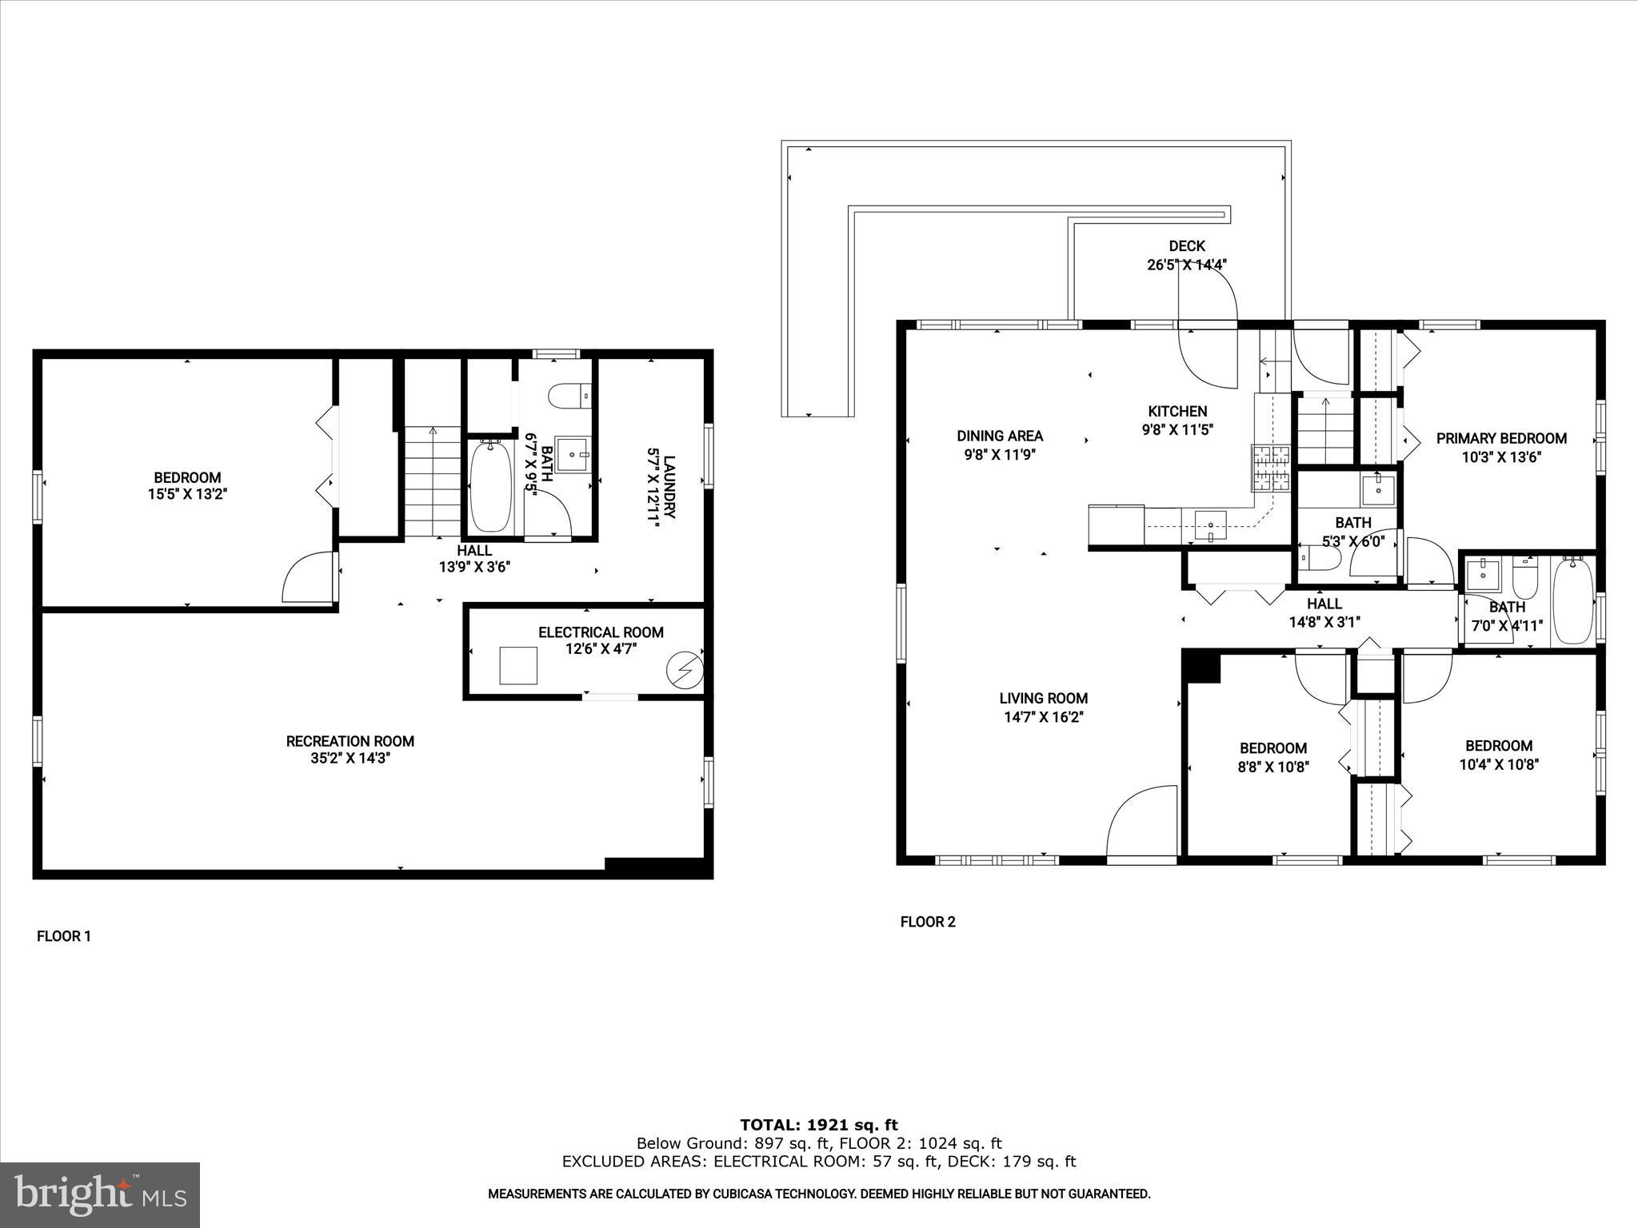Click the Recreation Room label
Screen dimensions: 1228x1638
[x=350, y=741]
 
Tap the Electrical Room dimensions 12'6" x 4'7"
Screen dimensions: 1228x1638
[x=600, y=649]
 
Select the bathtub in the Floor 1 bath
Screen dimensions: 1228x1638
[x=490, y=487]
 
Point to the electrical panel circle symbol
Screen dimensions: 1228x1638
[x=686, y=670]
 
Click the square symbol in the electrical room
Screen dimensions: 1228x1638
[x=518, y=665]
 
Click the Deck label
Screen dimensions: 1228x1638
[x=1186, y=246]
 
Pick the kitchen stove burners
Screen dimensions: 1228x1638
[x=1270, y=468]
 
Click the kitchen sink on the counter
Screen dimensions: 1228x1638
[x=1210, y=526]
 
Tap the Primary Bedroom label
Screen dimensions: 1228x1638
[x=1500, y=438]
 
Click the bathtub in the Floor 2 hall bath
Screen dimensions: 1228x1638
[x=1572, y=601]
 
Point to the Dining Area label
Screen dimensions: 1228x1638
[x=1000, y=436]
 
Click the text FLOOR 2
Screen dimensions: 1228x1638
[x=928, y=922]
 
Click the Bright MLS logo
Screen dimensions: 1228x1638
[x=100, y=1195]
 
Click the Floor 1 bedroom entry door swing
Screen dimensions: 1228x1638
[x=308, y=577]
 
